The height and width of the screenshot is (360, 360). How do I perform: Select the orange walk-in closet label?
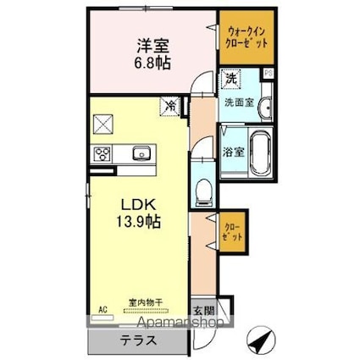tap(246, 36)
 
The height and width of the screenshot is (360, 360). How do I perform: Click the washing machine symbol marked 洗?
tap(230, 79)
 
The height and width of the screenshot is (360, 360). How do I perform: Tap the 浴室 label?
tap(234, 154)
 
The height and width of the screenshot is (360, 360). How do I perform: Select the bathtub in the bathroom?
tap(260, 152)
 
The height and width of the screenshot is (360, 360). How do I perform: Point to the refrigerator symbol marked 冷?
tap(172, 108)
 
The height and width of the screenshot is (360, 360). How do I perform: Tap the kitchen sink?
tap(140, 154)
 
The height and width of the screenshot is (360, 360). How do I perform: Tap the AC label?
tap(104, 311)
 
